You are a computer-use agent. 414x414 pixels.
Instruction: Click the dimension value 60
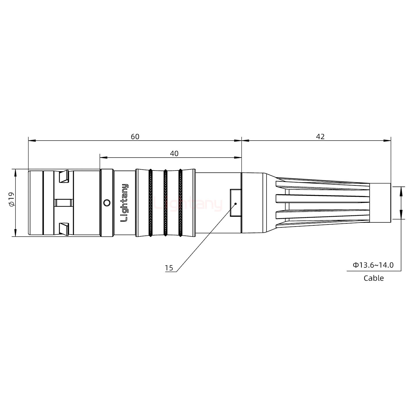135,137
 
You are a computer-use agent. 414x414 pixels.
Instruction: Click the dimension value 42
320,137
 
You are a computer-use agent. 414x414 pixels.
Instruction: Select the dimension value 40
174,154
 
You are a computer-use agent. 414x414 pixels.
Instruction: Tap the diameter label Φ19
11,200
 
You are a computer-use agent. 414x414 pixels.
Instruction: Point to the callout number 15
169,268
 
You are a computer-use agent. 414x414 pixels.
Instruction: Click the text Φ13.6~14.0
373,265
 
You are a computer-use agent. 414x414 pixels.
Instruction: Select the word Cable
373,278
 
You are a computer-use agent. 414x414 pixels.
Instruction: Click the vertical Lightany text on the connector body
124,203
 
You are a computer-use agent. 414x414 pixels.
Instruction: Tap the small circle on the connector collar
107,203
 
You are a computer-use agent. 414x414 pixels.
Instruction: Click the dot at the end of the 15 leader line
235,204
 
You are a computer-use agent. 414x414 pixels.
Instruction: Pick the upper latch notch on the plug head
64,177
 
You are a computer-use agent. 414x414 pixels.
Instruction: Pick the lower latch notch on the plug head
64,229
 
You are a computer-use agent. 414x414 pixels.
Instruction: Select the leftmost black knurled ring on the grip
150,203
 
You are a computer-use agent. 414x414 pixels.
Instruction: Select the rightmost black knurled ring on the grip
180,203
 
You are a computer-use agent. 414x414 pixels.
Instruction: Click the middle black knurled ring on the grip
165,203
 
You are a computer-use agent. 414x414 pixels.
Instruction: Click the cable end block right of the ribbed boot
380,203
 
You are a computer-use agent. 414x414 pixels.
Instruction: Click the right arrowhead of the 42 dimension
388,141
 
